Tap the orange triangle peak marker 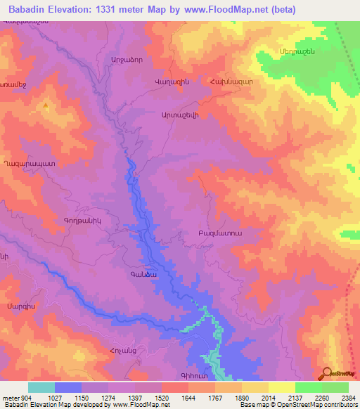coord(46,105)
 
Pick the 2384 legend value coord(347,396)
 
